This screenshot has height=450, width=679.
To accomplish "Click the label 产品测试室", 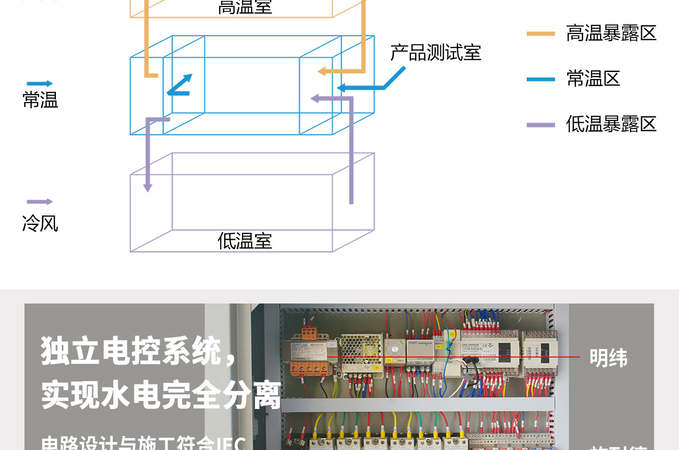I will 435,53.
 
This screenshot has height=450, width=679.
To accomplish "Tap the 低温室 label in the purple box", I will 245,241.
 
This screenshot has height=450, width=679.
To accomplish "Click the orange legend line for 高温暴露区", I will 541,33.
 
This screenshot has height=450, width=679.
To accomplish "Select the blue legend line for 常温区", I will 541,79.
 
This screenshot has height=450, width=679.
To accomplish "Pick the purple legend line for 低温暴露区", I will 541,124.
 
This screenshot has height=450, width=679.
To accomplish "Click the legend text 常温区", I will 593,78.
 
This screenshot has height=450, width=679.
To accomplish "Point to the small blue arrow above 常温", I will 39,83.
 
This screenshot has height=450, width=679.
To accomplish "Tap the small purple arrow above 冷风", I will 39,202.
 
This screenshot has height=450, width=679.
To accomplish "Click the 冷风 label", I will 40,223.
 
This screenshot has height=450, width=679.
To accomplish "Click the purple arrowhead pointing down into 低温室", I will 148,187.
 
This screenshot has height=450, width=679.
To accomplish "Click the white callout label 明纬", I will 608,358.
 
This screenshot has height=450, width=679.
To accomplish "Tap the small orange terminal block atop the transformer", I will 309,332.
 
